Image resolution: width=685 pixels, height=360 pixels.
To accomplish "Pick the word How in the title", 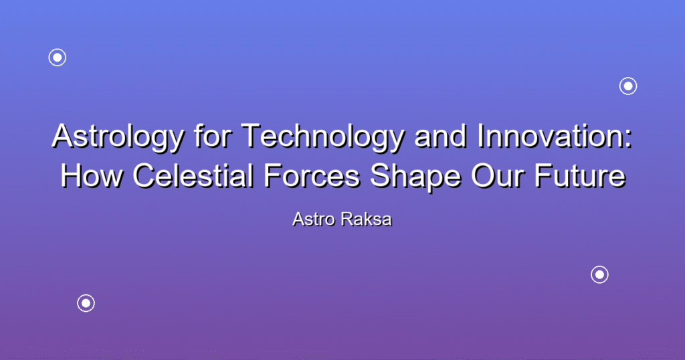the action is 91,175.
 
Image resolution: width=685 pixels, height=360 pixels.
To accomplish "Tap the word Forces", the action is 312,175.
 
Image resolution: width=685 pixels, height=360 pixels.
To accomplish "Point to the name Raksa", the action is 367,219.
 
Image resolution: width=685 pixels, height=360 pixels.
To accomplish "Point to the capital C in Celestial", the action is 144,175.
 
